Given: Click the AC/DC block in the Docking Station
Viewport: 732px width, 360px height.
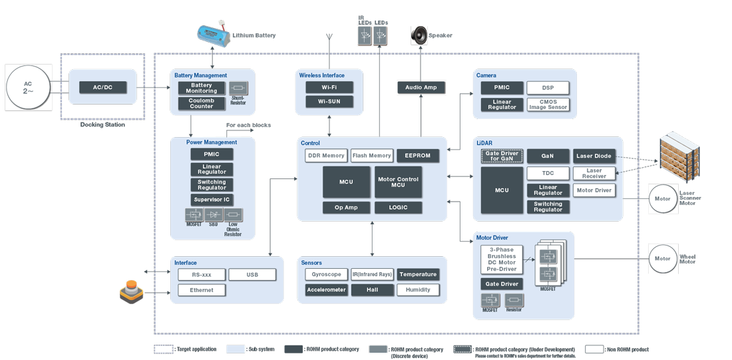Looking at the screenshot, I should coord(102,88).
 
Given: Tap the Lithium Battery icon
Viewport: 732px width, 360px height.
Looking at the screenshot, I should coord(212,35).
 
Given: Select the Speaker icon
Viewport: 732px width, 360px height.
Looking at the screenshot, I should coord(419,35).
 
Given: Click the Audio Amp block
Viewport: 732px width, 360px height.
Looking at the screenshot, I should coord(421,87).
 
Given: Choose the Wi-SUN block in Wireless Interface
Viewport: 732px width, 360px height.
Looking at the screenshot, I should coord(329,102).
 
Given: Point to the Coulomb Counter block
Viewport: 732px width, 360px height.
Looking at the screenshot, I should coord(202,104).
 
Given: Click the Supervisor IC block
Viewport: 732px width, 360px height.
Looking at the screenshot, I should coord(212,200).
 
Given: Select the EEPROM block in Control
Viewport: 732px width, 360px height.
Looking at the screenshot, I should coord(418,156).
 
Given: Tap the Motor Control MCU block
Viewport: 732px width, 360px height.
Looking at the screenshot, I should coord(398,182).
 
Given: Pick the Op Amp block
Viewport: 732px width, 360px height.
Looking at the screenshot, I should coord(346,208).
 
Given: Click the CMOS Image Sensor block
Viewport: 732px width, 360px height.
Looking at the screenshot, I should coord(548,104).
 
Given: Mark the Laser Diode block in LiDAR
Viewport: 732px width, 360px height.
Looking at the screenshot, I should coord(594,156).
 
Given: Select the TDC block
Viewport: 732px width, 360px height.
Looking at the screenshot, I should coord(548,173).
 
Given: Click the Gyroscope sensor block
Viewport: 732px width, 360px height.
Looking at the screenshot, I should coord(326,274).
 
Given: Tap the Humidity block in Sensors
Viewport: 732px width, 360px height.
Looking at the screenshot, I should coord(418,289).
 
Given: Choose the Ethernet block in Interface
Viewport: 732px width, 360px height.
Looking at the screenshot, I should coord(202,290).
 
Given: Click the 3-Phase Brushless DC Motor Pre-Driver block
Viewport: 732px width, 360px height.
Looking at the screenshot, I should coord(502,260).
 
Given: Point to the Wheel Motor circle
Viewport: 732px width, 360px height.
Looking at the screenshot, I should coord(663,259).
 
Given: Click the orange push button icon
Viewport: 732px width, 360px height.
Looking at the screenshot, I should coord(131,292).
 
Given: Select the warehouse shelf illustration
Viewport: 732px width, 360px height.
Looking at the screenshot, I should coord(681,157).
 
